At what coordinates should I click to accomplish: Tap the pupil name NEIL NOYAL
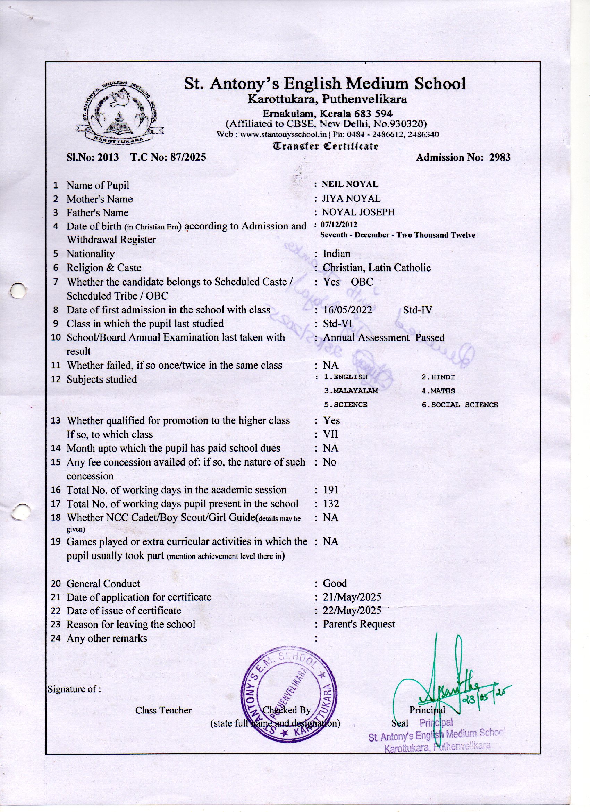coord(350,184)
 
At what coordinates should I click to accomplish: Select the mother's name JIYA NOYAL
coord(351,198)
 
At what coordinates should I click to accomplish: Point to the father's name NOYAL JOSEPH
coord(358,212)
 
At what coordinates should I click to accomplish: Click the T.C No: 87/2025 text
coord(168,158)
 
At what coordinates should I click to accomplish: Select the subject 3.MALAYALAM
coord(351,391)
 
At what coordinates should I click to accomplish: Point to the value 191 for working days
coord(330,490)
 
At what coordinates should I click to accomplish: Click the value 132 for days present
coord(330,504)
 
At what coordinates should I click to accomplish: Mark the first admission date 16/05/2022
coord(347,310)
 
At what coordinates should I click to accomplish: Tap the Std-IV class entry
coord(418,310)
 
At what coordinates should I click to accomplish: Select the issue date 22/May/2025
coord(352,610)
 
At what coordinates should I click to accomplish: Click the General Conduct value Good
coord(335,584)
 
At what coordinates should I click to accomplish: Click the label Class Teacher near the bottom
coord(163,710)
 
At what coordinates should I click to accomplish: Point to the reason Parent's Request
coord(359,624)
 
